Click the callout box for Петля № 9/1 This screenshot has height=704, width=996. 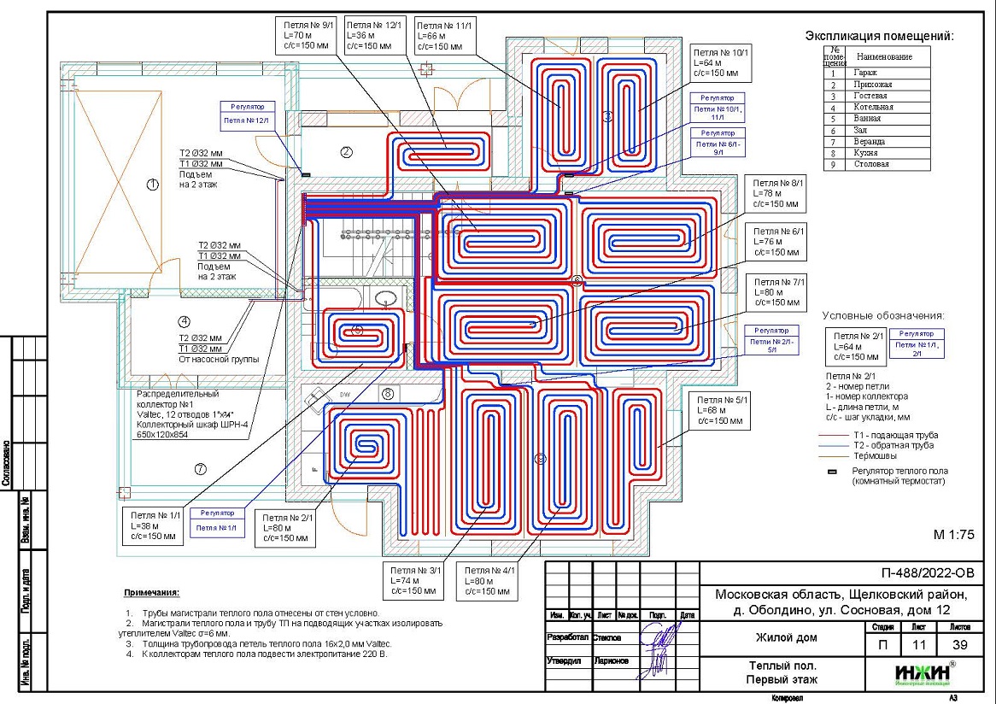click(x=304, y=37)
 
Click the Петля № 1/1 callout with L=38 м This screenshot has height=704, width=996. click(x=154, y=526)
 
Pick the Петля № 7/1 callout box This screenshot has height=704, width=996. click(x=775, y=293)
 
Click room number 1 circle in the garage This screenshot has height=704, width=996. click(x=153, y=184)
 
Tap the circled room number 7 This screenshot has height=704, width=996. click(x=201, y=468)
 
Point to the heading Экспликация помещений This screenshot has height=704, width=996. click(x=879, y=36)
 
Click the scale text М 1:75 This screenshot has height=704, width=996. click(x=954, y=535)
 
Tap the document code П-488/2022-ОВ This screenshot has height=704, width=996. click(x=926, y=573)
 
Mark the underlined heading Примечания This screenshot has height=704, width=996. click(x=151, y=593)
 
